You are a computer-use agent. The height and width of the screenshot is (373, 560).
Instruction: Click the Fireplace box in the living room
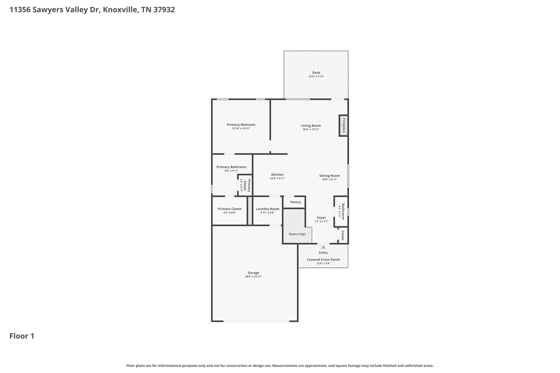344,125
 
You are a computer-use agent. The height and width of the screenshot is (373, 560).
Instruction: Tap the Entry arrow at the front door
323,247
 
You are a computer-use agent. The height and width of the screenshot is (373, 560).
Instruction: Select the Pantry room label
295,202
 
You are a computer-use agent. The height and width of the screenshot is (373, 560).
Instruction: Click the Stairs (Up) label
297,234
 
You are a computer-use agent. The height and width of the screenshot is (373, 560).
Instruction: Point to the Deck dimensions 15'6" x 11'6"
316,77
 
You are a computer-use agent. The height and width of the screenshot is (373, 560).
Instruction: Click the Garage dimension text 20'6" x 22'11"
253,277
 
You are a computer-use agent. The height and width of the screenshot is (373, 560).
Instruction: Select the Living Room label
311,126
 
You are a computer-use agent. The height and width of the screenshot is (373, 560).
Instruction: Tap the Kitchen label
277,175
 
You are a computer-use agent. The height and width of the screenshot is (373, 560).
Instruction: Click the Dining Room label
330,176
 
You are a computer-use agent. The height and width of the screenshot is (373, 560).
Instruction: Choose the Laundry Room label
267,209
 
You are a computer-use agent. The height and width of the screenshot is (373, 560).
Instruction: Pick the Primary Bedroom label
241,125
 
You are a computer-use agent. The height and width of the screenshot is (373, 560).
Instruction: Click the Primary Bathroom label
231,167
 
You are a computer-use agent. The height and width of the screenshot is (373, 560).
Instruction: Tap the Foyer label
321,218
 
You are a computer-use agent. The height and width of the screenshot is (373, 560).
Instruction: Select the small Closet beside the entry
343,235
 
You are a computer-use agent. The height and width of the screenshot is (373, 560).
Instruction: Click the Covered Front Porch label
323,260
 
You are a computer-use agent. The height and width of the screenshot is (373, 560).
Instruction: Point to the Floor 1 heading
22,336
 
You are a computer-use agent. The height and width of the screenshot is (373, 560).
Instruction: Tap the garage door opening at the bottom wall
256,321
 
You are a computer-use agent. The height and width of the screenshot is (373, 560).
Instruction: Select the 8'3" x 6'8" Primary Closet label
230,209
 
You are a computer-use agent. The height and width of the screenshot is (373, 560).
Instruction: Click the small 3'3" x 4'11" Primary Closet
245,185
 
